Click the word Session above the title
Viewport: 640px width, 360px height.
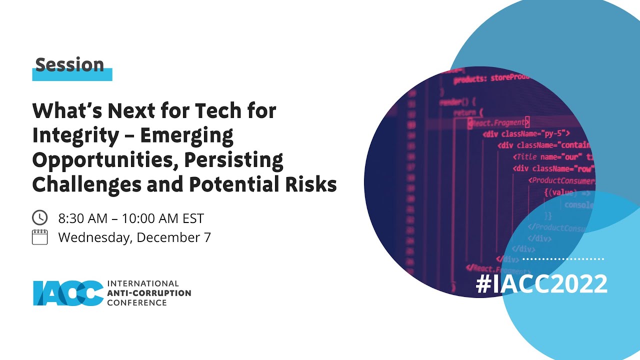[69, 65]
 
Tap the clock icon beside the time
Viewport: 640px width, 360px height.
[39, 217]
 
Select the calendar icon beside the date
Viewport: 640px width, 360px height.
[39, 236]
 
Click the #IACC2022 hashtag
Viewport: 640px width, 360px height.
[541, 284]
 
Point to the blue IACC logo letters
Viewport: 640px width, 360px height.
[68, 292]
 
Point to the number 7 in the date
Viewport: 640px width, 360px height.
[206, 237]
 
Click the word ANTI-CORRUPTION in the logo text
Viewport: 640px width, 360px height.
[149, 293]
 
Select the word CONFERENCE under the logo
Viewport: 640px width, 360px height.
[137, 302]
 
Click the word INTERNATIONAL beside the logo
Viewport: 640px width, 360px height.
[143, 283]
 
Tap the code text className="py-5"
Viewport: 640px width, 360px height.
[526, 133]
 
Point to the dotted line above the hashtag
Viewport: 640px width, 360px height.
[563, 259]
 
